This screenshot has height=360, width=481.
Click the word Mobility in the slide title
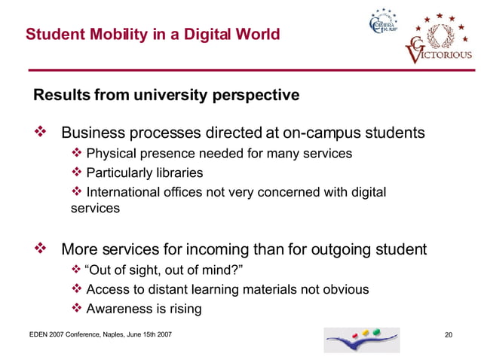114,35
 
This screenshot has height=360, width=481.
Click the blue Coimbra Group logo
381,31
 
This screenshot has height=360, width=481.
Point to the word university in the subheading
174,96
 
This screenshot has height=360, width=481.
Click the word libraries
156,172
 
